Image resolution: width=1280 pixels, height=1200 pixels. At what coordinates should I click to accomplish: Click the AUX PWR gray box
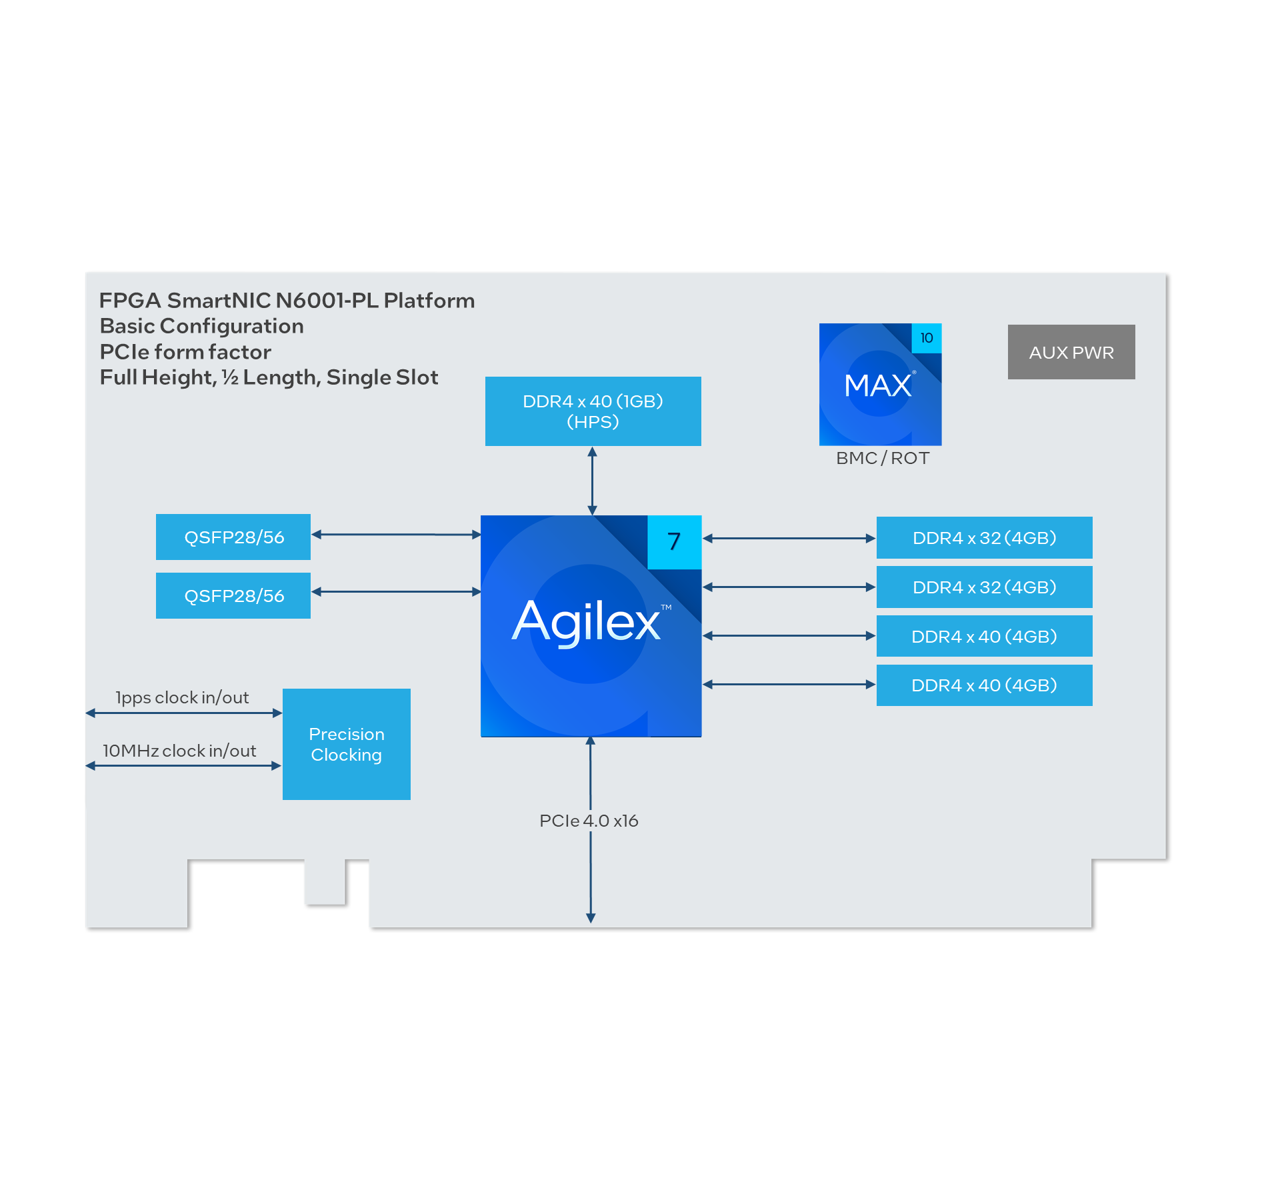click(1071, 352)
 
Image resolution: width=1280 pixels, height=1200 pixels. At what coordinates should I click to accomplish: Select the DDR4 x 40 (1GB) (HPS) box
click(593, 411)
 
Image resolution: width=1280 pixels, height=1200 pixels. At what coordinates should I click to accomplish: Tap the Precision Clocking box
click(346, 744)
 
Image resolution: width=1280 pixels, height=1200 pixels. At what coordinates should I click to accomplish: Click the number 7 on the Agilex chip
click(674, 541)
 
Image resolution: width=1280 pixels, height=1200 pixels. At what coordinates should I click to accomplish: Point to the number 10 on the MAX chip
click(926, 338)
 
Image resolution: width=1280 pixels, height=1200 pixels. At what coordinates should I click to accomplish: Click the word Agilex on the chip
click(585, 621)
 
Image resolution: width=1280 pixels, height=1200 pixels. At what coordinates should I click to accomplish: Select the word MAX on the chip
click(877, 385)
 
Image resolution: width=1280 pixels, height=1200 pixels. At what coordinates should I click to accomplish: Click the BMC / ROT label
click(882, 458)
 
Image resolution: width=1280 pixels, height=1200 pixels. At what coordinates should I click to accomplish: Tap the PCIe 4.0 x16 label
click(589, 821)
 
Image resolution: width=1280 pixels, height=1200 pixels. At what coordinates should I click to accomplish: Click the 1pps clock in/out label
click(182, 697)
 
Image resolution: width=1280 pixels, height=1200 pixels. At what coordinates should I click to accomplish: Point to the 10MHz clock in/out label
click(179, 751)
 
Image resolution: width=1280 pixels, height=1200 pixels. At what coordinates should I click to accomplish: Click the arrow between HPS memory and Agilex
click(592, 480)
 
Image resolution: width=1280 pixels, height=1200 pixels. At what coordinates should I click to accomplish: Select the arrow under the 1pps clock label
click(184, 713)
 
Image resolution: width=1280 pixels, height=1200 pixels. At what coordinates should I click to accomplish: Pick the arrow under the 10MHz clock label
click(183, 766)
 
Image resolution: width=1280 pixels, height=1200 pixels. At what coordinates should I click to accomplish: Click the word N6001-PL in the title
click(327, 301)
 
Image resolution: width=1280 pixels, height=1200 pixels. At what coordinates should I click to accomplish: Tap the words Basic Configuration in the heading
click(201, 326)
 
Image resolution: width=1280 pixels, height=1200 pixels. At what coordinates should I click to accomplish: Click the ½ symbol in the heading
click(230, 377)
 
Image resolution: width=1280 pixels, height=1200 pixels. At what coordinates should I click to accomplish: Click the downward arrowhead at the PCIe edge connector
click(591, 918)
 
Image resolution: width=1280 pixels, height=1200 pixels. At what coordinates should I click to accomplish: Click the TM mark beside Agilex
click(666, 607)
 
